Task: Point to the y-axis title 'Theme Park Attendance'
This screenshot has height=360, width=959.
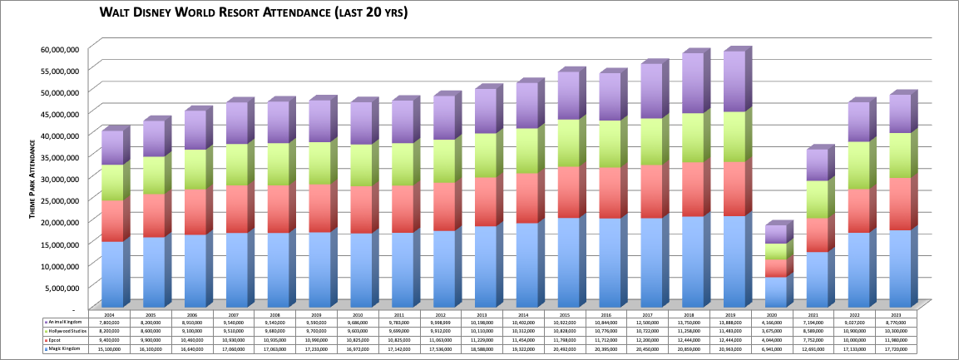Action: click(x=32, y=180)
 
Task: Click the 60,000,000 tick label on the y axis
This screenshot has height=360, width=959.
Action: click(x=59, y=49)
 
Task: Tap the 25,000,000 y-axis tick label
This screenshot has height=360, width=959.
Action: click(x=59, y=200)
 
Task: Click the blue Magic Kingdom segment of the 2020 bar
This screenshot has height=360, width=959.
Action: click(x=775, y=291)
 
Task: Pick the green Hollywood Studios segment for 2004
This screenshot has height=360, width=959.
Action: click(x=112, y=183)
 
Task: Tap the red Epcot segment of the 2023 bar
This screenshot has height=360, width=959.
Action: click(x=900, y=204)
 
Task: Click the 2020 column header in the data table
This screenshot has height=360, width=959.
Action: click(x=775, y=313)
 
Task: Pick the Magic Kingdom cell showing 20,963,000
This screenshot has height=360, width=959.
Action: click(x=734, y=350)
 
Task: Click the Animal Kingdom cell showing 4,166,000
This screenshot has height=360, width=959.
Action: click(x=775, y=322)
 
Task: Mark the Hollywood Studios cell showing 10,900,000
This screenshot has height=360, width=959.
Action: click(x=858, y=332)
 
